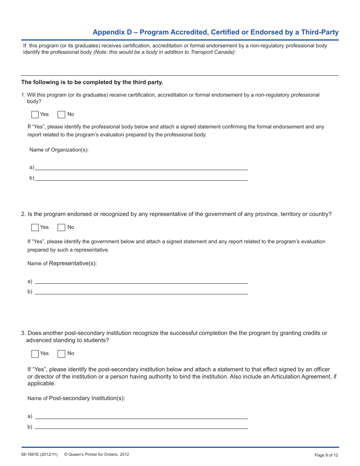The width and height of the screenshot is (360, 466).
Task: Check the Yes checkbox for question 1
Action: click(x=35, y=114)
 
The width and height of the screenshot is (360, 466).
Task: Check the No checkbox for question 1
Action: click(x=61, y=114)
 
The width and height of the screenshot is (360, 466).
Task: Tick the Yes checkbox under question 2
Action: click(x=35, y=227)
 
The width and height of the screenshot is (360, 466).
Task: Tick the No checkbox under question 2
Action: click(x=61, y=227)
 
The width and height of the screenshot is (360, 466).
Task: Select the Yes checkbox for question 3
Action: click(x=35, y=353)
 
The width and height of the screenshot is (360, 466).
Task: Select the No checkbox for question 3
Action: click(x=61, y=353)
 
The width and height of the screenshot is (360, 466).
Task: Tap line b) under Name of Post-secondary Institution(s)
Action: click(x=141, y=427)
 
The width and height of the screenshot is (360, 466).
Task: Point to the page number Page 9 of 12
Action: click(x=326, y=455)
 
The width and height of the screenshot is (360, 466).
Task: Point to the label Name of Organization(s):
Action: click(x=59, y=150)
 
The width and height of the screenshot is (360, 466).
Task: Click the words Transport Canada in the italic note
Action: click(x=212, y=52)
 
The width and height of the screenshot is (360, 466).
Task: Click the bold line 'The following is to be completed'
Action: click(x=92, y=82)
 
